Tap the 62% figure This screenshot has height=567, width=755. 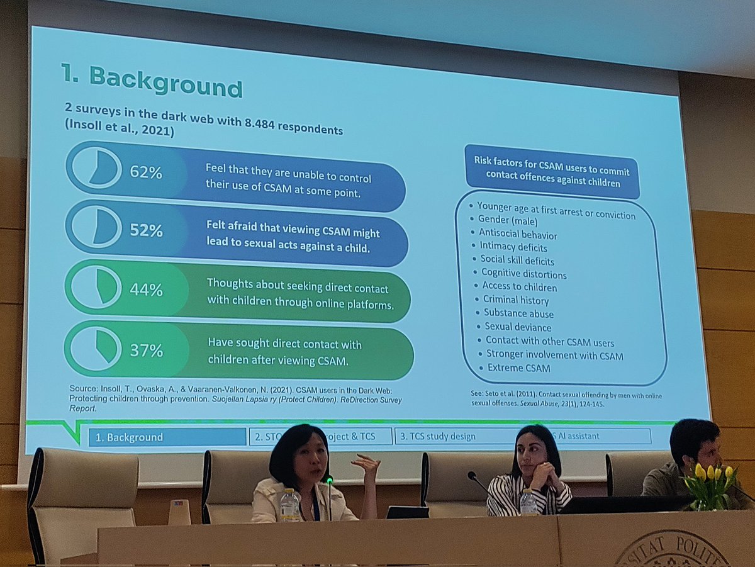pyautogui.click(x=146, y=172)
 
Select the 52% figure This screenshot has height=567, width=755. pyautogui.click(x=147, y=230)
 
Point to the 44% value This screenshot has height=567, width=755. pyautogui.click(x=146, y=289)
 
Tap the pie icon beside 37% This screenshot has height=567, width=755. pyautogui.click(x=96, y=347)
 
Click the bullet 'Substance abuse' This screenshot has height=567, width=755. pyautogui.click(x=518, y=313)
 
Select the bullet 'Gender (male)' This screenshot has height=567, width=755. pyautogui.click(x=508, y=220)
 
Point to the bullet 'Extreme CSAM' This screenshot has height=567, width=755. pyautogui.click(x=518, y=368)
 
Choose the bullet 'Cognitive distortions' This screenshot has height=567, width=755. pyautogui.click(x=523, y=274)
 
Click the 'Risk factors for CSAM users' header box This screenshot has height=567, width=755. pyautogui.click(x=552, y=171)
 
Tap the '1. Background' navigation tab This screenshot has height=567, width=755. pyautogui.click(x=167, y=437)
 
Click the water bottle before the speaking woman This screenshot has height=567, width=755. pyautogui.click(x=289, y=505)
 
